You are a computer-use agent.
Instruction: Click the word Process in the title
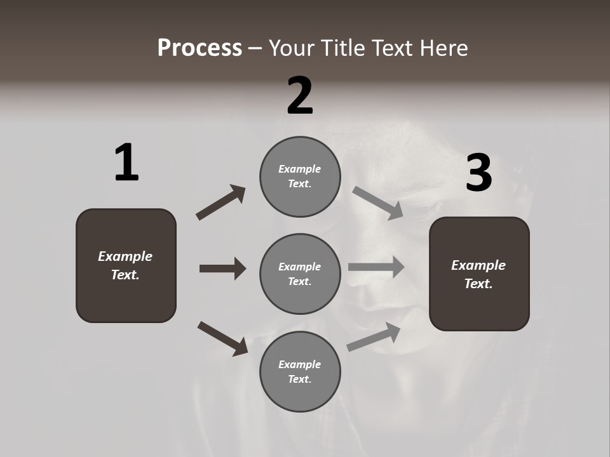(200, 48)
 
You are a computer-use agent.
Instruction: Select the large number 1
(126, 163)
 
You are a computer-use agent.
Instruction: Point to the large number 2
(300, 96)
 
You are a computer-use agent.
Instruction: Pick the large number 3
(478, 173)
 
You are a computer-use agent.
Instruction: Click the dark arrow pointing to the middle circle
(222, 268)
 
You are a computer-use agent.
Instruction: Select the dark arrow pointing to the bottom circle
(223, 338)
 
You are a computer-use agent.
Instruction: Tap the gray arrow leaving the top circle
(378, 202)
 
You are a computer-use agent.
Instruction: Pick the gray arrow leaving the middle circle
(376, 267)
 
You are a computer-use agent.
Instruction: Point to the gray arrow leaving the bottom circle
(374, 336)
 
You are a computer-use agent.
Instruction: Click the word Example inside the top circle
(299, 169)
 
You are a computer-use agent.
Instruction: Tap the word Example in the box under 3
(478, 265)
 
